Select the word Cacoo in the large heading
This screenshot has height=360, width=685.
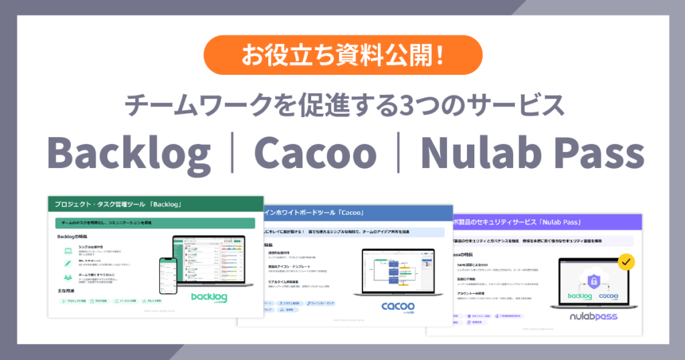pos(314,153)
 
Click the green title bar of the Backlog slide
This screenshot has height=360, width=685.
pos(151,203)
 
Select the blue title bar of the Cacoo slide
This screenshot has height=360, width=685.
pos(348,213)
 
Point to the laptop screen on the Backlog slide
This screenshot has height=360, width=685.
pos(212,258)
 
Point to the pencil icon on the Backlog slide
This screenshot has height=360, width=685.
pos(68,264)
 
